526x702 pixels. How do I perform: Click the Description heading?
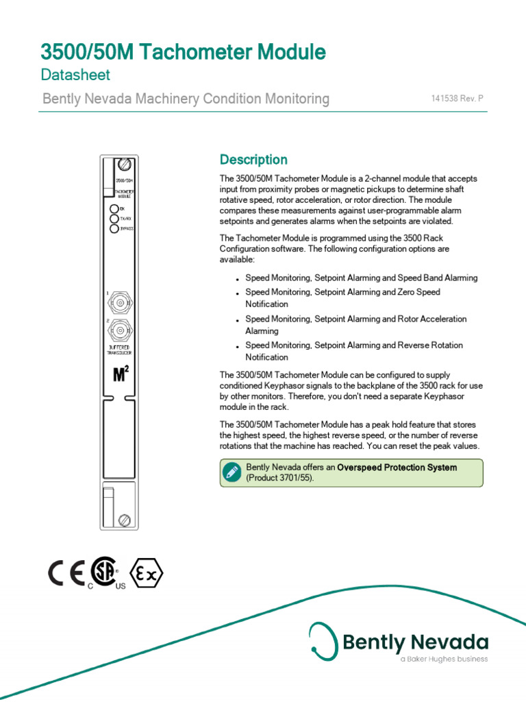click(253, 160)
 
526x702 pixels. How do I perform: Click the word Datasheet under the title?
click(75, 75)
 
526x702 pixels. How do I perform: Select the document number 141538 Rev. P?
click(457, 99)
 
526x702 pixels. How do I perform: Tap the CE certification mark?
click(66, 574)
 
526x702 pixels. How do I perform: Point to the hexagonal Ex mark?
click(147, 574)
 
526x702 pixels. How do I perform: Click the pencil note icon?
click(231, 471)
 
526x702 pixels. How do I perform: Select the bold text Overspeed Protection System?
click(397, 468)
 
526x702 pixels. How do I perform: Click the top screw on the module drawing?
click(125, 165)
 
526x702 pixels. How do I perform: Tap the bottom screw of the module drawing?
click(125, 519)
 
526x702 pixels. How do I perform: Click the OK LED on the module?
click(114, 208)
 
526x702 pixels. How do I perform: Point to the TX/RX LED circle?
click(114, 218)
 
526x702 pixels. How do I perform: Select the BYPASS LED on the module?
click(114, 228)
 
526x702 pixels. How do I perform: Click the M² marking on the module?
click(121, 375)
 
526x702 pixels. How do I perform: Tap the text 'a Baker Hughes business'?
click(444, 659)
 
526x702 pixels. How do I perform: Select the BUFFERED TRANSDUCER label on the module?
click(120, 350)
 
